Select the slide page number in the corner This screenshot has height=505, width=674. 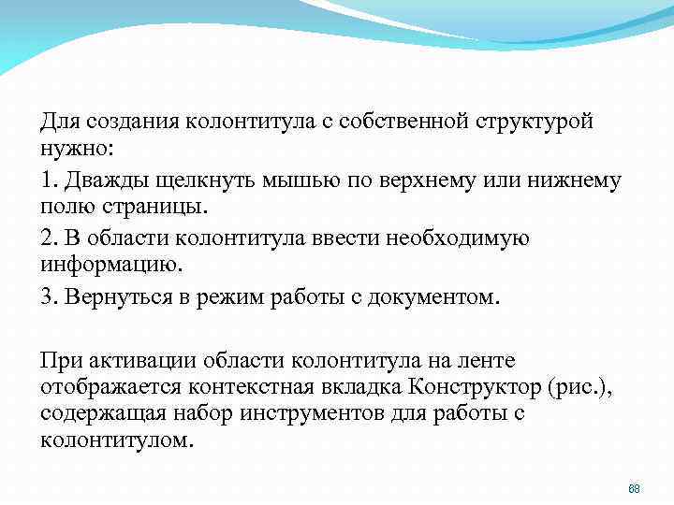(x=634, y=489)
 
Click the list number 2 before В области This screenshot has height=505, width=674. (x=47, y=238)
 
